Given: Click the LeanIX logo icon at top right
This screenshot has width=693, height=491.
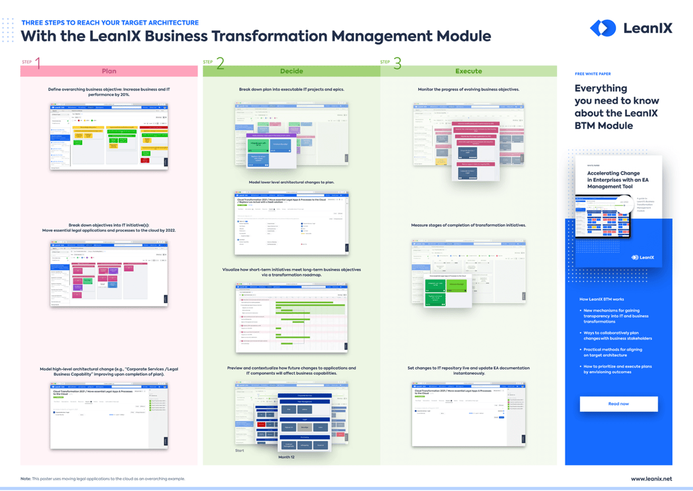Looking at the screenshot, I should [603, 28].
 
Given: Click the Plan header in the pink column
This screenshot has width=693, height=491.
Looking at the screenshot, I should [109, 71].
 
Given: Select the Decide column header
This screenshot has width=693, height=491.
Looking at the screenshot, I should [291, 71].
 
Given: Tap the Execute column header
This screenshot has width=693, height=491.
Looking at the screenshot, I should [468, 71].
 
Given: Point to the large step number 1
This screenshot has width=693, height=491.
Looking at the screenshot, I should [38, 63].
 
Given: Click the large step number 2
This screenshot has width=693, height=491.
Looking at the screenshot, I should [220, 63].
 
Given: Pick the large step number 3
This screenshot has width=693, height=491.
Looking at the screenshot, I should [397, 63].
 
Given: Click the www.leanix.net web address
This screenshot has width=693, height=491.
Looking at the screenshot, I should [651, 479].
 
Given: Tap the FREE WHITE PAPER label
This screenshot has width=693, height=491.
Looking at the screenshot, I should [593, 74].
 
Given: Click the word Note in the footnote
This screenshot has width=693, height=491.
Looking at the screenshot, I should [25, 479].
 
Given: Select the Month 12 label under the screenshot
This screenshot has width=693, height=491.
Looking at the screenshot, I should [287, 457].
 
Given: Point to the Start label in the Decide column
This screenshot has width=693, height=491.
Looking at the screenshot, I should [240, 451].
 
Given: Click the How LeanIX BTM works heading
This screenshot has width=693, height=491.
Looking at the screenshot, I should [602, 300].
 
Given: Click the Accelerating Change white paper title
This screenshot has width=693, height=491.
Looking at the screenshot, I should [613, 179].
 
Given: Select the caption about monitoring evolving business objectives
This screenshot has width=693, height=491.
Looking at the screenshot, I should [468, 90].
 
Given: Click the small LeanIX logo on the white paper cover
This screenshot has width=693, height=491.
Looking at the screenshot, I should [643, 257].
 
